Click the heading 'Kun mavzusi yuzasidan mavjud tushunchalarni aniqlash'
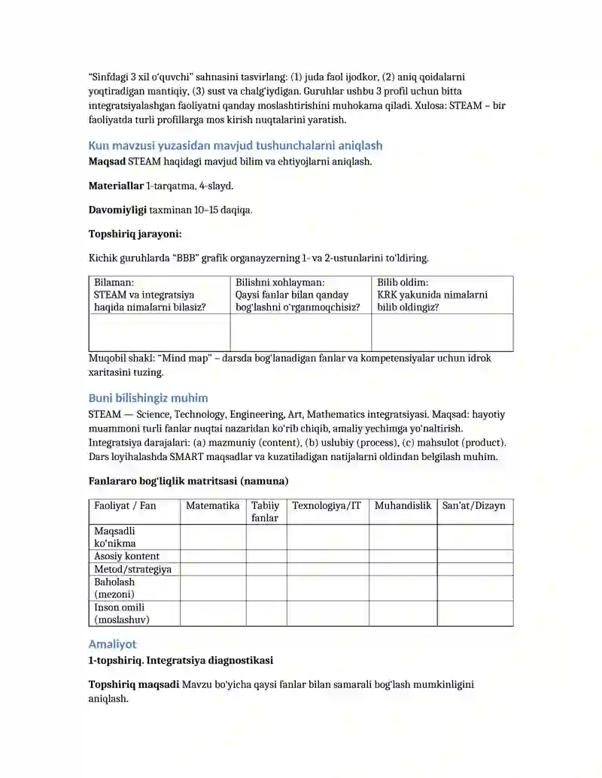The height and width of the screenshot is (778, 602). coord(236,145)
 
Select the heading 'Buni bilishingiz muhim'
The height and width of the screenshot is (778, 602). coord(148,398)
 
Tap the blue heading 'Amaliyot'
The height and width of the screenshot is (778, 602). coord(113,644)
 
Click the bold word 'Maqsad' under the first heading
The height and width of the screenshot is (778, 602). coord(107,161)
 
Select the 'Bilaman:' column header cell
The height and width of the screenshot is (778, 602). coord(159,295)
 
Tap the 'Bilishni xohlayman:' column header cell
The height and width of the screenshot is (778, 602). coord(300,295)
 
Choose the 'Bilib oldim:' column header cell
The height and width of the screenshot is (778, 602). coord(442,295)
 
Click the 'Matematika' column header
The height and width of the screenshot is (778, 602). coord(213,506)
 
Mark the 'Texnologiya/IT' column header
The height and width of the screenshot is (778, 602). coord(327,506)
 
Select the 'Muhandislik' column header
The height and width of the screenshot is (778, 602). coord(403,506)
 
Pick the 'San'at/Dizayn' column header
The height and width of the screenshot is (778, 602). coord(474,506)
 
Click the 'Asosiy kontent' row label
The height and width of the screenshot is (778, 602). coord(126,556)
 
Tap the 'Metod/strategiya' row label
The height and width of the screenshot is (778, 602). coord(132,569)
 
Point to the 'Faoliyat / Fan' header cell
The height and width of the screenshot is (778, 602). coord(125,506)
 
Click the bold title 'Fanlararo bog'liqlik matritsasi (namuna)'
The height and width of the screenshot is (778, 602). coord(189,480)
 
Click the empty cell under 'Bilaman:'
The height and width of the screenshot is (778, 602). coord(159,332)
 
